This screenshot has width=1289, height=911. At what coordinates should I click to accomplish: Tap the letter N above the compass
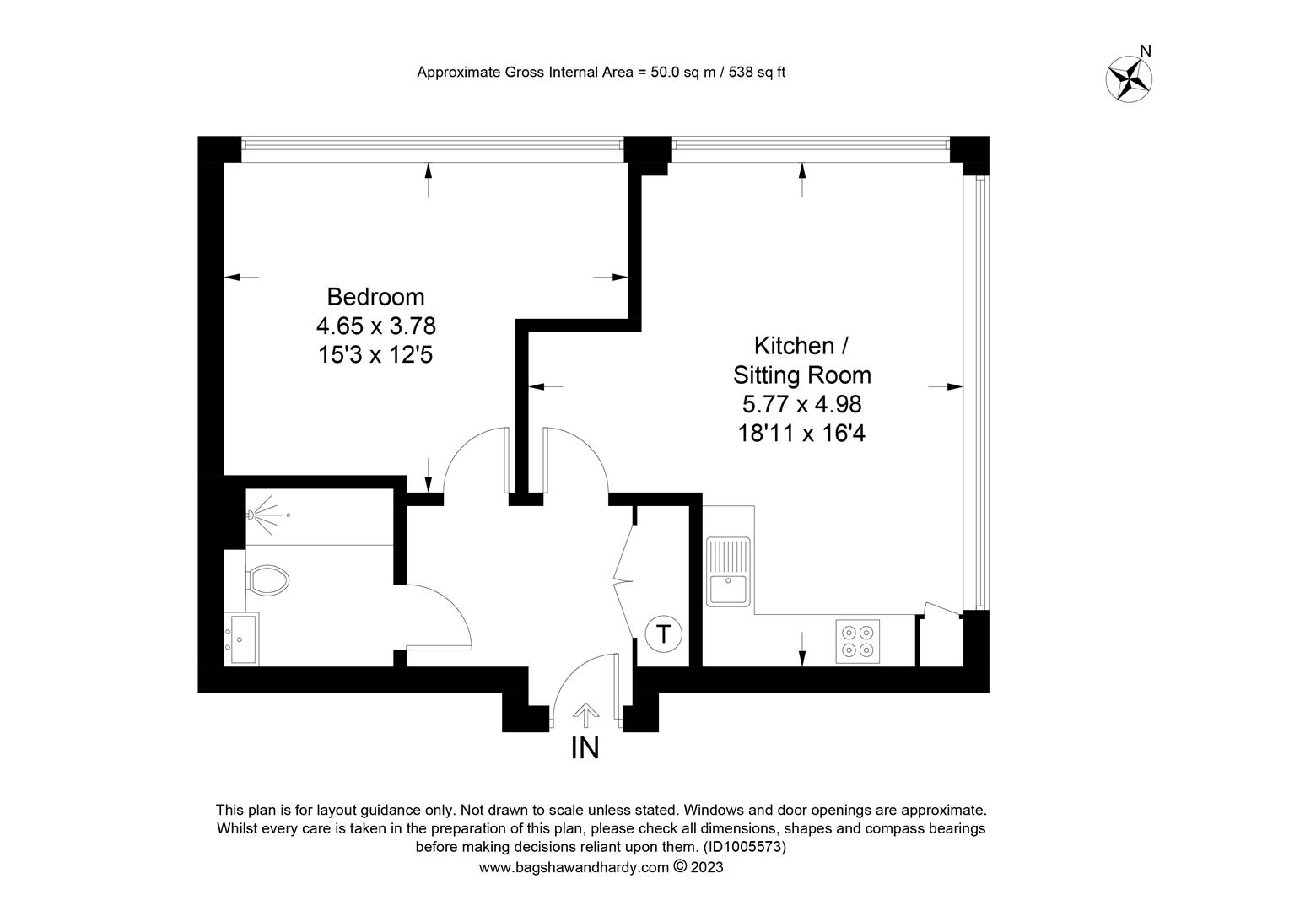[1146, 51]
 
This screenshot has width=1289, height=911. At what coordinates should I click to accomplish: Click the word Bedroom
[375, 297]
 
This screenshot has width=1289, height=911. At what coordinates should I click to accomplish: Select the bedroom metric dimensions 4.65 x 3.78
[375, 326]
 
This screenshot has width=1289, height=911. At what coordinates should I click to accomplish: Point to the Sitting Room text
[801, 375]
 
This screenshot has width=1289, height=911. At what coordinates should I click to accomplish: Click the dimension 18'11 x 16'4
[801, 434]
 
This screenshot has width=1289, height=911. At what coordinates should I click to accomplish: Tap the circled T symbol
[664, 634]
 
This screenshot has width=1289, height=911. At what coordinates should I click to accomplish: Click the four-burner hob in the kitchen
[857, 642]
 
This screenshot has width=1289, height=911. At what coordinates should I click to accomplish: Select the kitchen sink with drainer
[729, 572]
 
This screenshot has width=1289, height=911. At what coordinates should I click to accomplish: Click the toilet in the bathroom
[267, 579]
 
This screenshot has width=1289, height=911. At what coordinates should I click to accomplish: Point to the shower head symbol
[266, 515]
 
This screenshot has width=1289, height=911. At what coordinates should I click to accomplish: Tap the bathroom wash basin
[241, 639]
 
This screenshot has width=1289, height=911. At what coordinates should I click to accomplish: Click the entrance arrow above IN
[585, 714]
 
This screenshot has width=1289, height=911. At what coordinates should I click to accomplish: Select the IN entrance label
[585, 748]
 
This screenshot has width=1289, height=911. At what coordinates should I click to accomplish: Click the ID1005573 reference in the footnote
[745, 847]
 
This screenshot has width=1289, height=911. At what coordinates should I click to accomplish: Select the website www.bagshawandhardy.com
[574, 867]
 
